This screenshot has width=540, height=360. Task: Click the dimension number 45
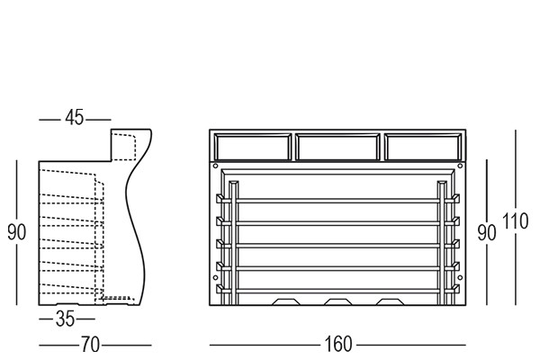(x=75, y=118)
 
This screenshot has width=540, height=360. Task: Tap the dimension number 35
(x=65, y=319)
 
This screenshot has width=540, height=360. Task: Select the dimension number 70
(x=90, y=345)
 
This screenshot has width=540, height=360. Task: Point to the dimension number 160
(x=338, y=344)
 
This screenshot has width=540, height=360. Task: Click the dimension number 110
(x=515, y=221)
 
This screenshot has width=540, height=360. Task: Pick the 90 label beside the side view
(x=16, y=232)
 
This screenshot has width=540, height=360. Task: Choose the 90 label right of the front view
(x=487, y=233)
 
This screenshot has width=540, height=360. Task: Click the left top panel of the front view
(x=252, y=147)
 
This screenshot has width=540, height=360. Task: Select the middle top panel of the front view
(x=337, y=147)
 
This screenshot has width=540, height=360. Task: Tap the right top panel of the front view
(x=424, y=147)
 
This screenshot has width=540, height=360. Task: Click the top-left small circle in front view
(x=216, y=166)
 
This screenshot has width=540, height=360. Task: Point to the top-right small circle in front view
(x=460, y=166)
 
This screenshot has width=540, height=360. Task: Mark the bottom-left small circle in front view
(x=216, y=278)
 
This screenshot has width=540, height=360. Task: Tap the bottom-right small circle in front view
(x=460, y=278)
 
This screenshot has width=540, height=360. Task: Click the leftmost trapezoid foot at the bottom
(x=286, y=301)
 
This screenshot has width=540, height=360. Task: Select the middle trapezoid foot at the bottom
(x=337, y=301)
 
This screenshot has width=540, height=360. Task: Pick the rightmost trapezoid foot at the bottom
(x=390, y=301)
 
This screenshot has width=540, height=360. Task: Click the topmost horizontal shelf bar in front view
(x=337, y=201)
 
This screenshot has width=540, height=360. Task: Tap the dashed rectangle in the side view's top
(x=124, y=147)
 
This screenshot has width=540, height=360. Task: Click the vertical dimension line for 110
(x=516, y=218)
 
